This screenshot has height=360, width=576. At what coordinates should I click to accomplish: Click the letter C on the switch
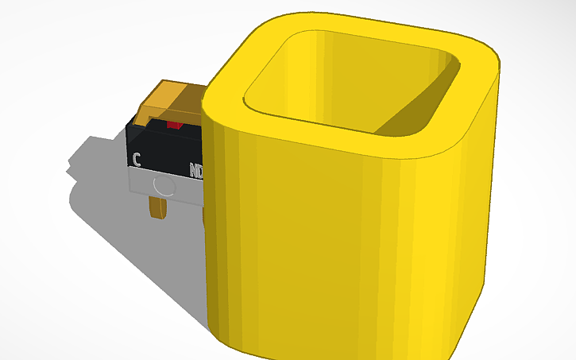(137, 159)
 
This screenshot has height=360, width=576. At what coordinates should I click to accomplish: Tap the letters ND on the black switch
(196, 169)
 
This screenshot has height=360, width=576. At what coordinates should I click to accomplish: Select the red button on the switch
(175, 125)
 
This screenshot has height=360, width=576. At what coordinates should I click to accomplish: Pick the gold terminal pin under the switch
(157, 206)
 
